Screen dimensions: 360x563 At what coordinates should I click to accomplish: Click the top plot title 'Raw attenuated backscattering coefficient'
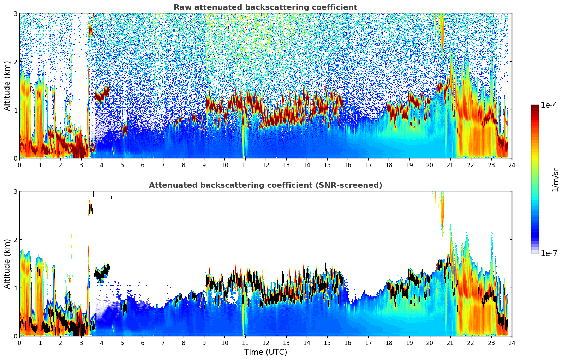point(265,7)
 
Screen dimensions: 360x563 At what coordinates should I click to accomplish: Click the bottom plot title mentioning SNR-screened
point(265,185)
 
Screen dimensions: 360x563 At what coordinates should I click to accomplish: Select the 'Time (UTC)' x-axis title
point(265,352)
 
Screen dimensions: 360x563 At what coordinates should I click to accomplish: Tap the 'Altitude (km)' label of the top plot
point(7,86)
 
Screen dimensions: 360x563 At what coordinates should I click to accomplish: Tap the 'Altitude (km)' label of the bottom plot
point(7,264)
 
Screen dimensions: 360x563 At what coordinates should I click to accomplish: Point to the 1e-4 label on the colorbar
point(549,105)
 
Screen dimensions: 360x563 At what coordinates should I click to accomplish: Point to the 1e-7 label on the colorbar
point(549,253)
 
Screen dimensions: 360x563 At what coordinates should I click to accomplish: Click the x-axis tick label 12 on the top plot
point(265,165)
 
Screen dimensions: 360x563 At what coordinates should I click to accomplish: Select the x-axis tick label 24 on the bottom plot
point(511,343)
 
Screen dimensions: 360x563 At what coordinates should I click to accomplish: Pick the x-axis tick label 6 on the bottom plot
point(143,343)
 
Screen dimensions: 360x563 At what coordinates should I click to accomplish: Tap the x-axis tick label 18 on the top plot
point(389,165)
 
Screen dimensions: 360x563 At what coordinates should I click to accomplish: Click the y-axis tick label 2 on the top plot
point(15,62)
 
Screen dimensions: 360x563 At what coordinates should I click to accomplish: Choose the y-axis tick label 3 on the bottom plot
point(15,191)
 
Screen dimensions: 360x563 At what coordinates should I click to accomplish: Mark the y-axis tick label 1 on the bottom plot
point(15,288)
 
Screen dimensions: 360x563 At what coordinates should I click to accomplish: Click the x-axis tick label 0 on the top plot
point(19,165)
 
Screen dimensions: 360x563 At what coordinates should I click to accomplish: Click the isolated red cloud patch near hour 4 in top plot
point(102,94)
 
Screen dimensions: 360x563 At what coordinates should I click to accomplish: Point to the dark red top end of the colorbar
point(534,107)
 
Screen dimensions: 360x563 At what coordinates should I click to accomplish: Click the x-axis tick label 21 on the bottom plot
point(450,343)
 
